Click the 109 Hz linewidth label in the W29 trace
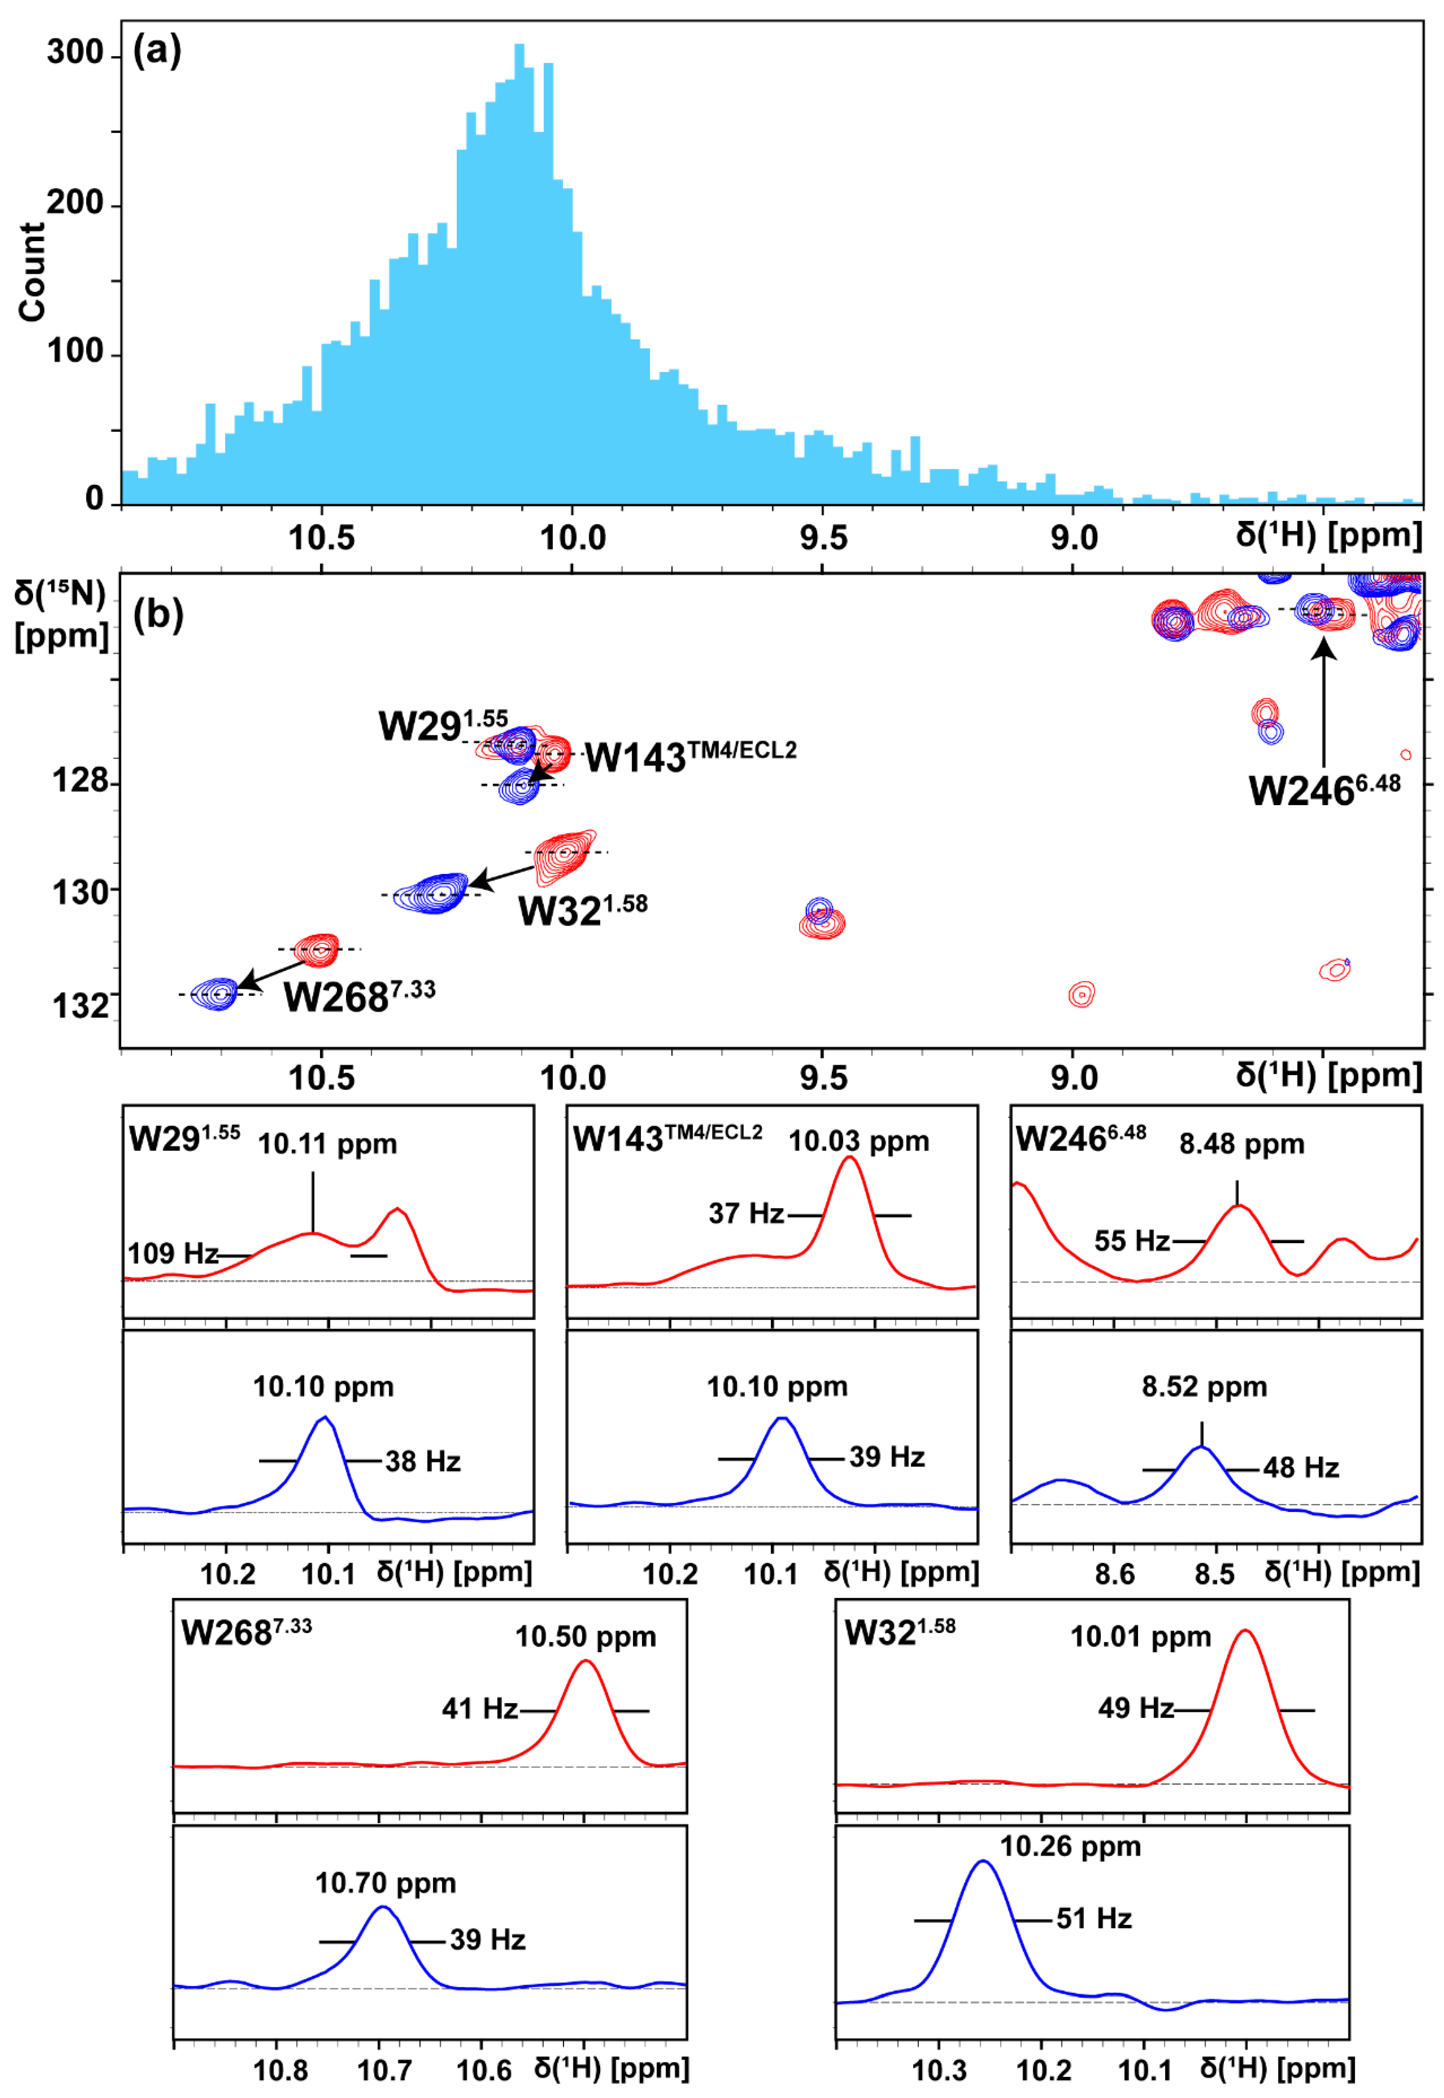[x=172, y=1253]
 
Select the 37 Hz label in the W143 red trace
[x=746, y=1214]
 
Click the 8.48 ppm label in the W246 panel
[x=1241, y=1144]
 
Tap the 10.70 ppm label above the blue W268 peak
[x=385, y=1884]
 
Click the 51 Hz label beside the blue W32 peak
[x=1094, y=1919]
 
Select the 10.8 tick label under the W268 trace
[x=281, y=2070]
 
